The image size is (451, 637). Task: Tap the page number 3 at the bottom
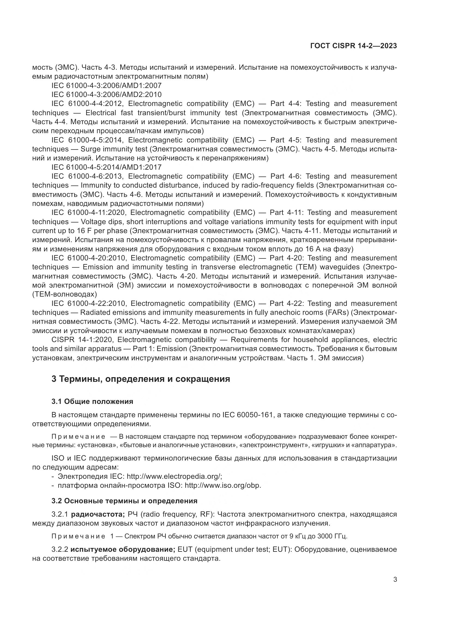coord(395,580)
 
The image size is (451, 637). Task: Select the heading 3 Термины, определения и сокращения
coord(141,379)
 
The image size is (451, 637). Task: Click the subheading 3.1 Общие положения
coord(92,401)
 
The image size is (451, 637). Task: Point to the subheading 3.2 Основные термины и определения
coord(124,501)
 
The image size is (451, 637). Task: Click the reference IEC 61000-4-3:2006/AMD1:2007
coord(106,86)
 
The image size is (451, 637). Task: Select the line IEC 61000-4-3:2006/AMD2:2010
coord(106,95)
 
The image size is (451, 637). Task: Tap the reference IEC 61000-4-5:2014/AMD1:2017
coord(106,167)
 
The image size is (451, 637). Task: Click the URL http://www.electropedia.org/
coord(174,476)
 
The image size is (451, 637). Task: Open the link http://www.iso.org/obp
coord(223,486)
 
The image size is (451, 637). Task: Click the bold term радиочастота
coord(98,514)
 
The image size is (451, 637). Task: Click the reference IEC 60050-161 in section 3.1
coord(247,415)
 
